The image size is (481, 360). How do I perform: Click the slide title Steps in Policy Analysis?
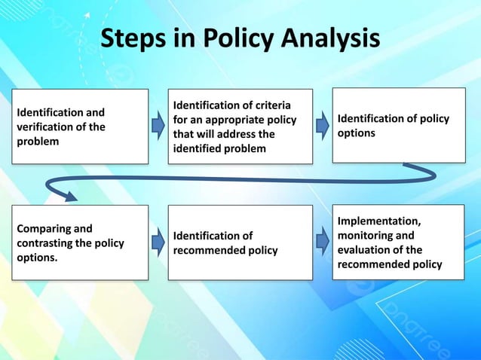tap(240, 38)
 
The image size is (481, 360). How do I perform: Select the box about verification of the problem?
tap(78, 127)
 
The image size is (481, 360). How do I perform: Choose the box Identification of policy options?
tap(399, 125)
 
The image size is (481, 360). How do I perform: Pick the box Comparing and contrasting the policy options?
tap(78, 242)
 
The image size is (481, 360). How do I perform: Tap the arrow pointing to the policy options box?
tap(322, 126)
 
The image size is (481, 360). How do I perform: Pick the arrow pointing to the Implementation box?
tap(322, 242)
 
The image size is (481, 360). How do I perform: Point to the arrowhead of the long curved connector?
tap(69, 197)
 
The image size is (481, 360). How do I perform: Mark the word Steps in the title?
tap(129, 38)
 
